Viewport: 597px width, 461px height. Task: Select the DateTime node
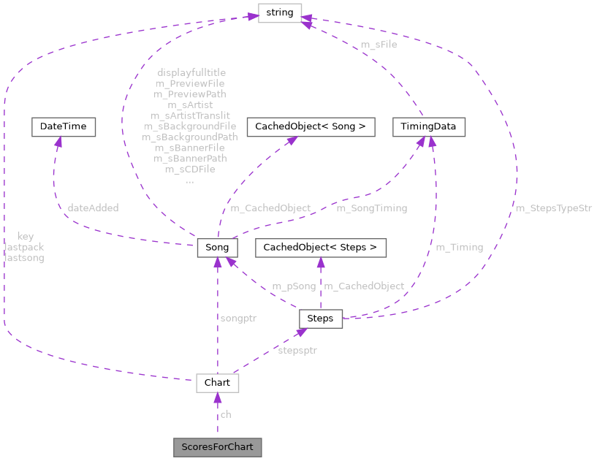pos(63,126)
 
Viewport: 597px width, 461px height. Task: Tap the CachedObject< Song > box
pos(311,126)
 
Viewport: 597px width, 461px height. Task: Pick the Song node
pos(217,247)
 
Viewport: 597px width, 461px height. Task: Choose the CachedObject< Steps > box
pos(320,248)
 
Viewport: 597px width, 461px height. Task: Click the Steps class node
pos(320,318)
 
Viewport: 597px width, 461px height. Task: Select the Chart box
pos(217,383)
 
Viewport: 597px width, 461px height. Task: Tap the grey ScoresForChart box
pos(217,446)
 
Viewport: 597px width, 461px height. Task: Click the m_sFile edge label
pos(379,45)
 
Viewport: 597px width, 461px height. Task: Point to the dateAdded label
pos(93,208)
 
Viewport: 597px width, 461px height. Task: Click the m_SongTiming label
pos(371,208)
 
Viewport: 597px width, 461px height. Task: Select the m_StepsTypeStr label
pos(553,208)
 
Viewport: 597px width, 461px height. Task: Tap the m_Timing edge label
pos(459,247)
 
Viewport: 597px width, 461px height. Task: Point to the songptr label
pos(238,318)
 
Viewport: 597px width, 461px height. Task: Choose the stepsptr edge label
pos(297,350)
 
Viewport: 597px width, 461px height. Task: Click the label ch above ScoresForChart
pos(226,414)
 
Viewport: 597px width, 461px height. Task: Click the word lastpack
pos(24,247)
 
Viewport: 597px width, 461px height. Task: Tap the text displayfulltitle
pos(191,72)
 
